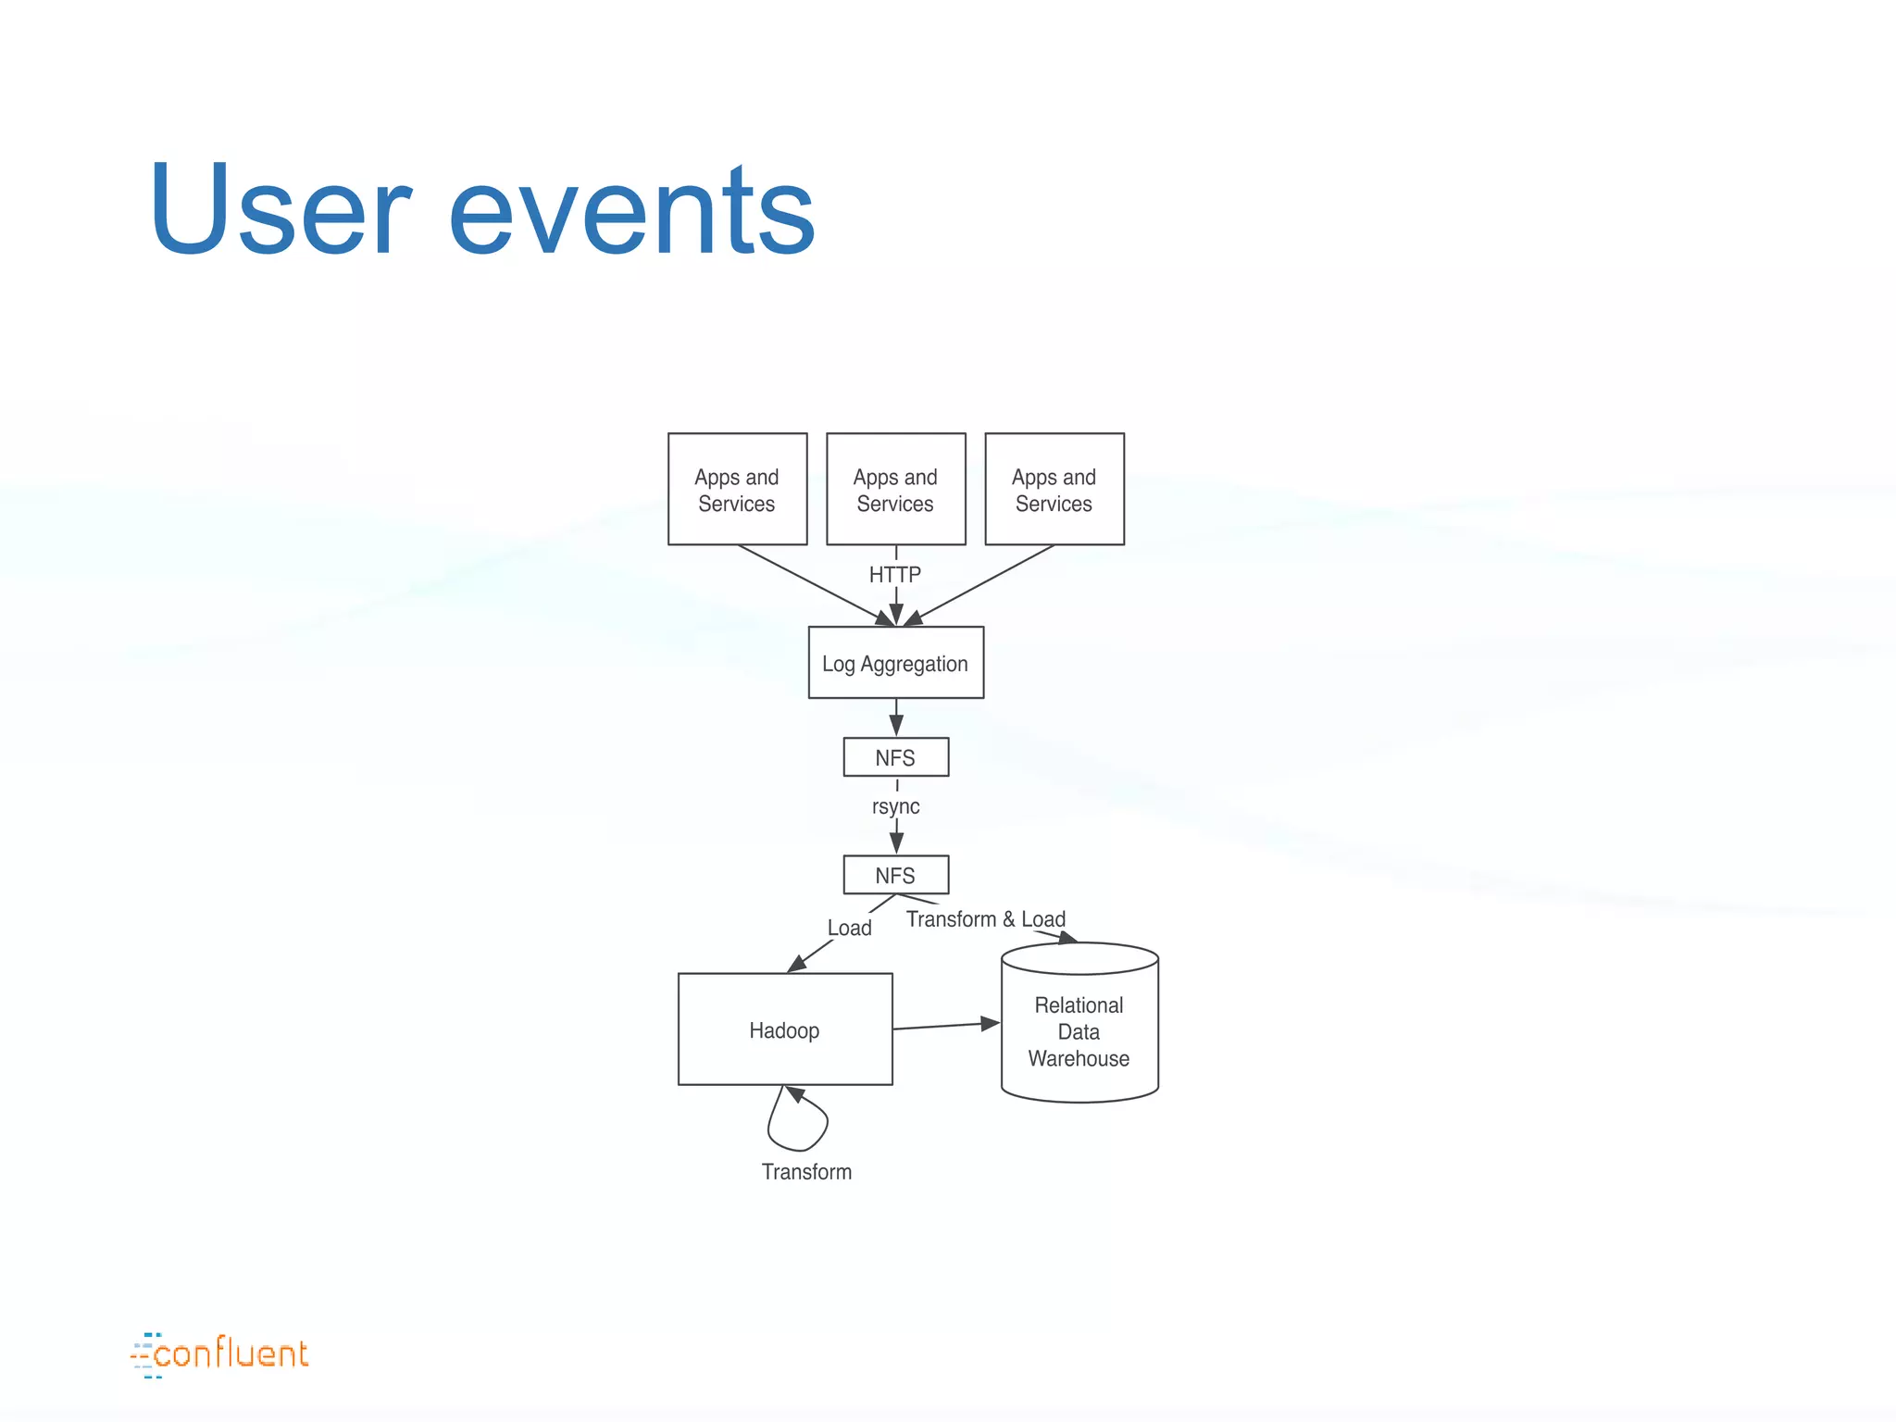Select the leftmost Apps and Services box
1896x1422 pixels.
click(x=737, y=489)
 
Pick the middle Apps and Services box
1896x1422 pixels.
click(x=895, y=489)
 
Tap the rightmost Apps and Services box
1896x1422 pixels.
click(x=1054, y=489)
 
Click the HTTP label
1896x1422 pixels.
click(x=895, y=575)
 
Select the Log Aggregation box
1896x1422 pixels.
click(x=895, y=663)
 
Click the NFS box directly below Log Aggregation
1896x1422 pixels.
click(x=895, y=757)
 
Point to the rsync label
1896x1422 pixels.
click(x=895, y=806)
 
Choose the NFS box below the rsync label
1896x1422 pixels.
click(x=895, y=875)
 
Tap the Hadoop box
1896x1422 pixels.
click(x=785, y=1029)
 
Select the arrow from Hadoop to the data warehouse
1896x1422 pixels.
click(x=944, y=1026)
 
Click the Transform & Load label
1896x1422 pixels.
click(x=985, y=919)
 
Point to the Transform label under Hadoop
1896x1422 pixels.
click(x=806, y=1172)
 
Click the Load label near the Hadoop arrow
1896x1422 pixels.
click(x=849, y=928)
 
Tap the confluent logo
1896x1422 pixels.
click(x=220, y=1355)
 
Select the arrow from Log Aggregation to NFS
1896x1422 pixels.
click(x=896, y=717)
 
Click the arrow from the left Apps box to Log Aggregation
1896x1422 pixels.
click(x=815, y=584)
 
